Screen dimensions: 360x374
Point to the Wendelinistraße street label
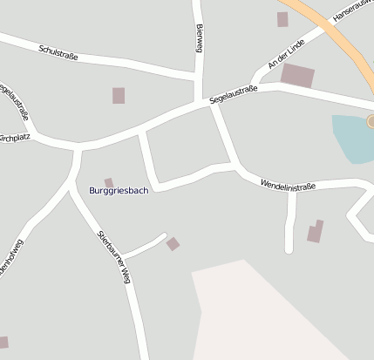288,185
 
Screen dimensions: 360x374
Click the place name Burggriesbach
119,190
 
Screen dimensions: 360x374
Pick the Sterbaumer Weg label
114,257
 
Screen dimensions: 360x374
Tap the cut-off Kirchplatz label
14,138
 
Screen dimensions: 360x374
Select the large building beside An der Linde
297,76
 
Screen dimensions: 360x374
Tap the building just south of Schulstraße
119,95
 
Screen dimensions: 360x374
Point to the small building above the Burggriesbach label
109,182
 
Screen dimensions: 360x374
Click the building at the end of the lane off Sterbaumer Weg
173,244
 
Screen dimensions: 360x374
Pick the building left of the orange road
282,19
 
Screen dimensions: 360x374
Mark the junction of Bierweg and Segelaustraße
202,102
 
